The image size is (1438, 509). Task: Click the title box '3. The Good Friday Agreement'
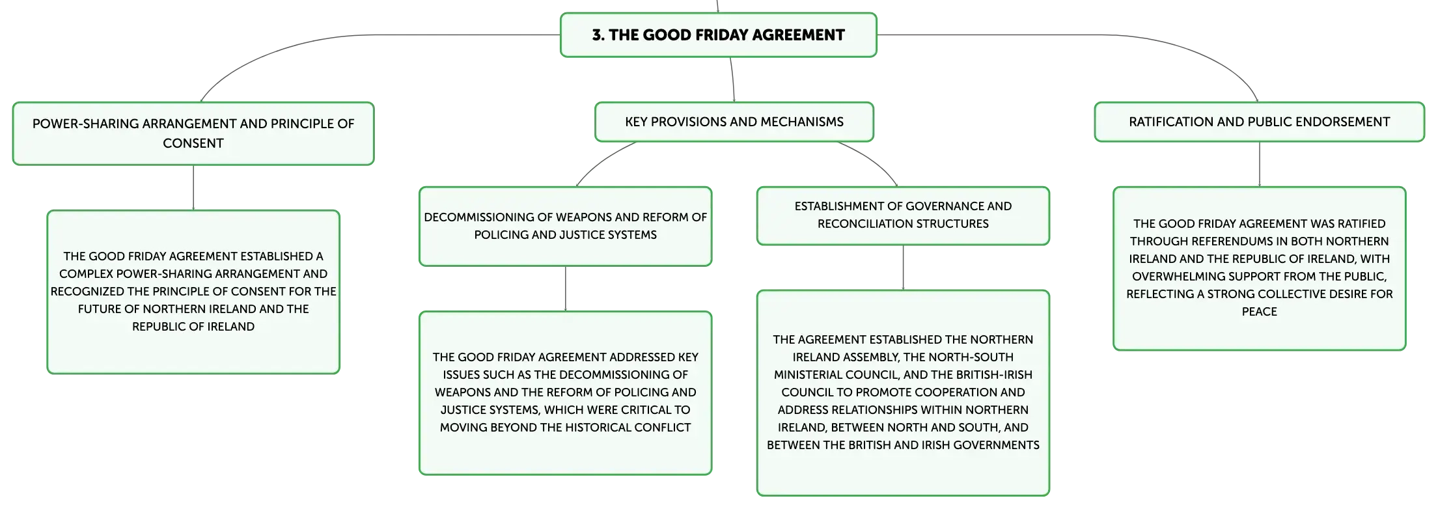pyautogui.click(x=718, y=35)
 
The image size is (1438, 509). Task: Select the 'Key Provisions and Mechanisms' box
pyautogui.click(x=734, y=122)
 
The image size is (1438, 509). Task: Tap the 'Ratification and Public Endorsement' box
pyautogui.click(x=1259, y=122)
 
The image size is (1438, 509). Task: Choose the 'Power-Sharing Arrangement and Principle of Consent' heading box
pyautogui.click(x=193, y=133)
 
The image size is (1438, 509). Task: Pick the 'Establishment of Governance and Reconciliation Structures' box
pyautogui.click(x=903, y=215)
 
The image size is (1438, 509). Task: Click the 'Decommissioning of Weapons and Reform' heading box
pyautogui.click(x=565, y=226)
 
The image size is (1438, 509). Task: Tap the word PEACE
pyautogui.click(x=1259, y=312)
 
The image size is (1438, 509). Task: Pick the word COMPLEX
pyautogui.click(x=86, y=274)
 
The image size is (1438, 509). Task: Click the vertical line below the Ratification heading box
pyautogui.click(x=1259, y=164)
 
